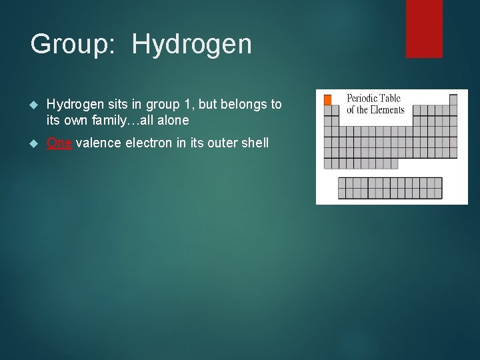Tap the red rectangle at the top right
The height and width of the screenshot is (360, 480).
(424, 28)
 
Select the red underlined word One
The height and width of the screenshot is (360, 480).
(59, 143)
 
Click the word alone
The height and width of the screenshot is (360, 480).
(173, 121)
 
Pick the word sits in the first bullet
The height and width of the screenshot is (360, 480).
(111, 105)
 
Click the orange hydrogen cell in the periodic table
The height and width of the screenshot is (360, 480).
(327, 100)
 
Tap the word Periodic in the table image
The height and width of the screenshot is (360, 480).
(363, 99)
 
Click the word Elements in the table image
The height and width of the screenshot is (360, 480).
(387, 110)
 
